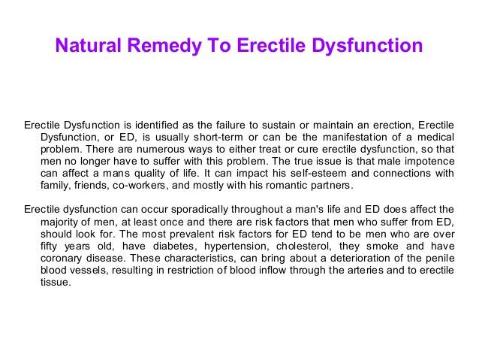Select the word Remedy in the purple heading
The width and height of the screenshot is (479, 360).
click(164, 46)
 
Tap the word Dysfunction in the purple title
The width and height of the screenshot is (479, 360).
click(367, 46)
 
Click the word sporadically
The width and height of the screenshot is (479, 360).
click(199, 210)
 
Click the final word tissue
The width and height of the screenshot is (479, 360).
click(56, 282)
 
